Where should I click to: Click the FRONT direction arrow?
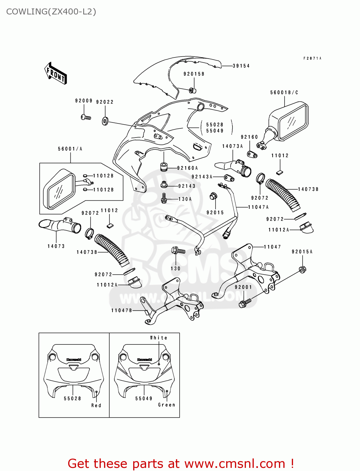[x=56, y=73]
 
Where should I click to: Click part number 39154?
[x=241, y=66]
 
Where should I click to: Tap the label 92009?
[x=84, y=101]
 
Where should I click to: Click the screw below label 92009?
[x=85, y=117]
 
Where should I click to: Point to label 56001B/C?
[x=284, y=93]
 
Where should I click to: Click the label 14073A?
[x=232, y=146]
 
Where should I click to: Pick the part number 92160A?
[x=188, y=168]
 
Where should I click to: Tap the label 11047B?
[x=122, y=311]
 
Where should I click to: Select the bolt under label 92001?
[x=245, y=303]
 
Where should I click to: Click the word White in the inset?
[x=159, y=338]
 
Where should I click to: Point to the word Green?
[x=166, y=405]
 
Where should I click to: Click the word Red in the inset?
[x=96, y=406]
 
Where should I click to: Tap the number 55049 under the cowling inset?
[x=144, y=399]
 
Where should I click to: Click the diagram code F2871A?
[x=312, y=58]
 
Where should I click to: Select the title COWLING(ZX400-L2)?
[x=51, y=12]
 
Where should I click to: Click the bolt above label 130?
[x=178, y=251]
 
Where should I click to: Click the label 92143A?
[x=202, y=177]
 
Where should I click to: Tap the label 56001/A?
[x=70, y=149]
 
